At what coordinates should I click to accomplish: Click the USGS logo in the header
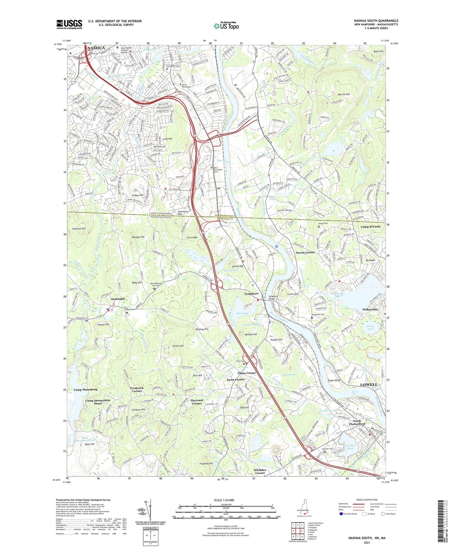69,24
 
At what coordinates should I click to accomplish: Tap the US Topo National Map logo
226,26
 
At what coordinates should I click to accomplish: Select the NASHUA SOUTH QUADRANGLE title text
376,21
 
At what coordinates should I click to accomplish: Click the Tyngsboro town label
251,294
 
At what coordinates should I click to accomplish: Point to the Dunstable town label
118,299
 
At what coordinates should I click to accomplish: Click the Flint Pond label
242,313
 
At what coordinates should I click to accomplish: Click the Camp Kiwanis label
371,226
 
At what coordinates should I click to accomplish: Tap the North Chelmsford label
357,423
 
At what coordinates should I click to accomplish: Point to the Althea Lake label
370,328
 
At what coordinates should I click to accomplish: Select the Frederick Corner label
137,390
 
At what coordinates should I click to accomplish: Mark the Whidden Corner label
260,471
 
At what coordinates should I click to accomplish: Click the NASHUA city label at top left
96,48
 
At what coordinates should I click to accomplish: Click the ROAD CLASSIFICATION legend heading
367,500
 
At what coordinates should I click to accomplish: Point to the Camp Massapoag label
86,390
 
